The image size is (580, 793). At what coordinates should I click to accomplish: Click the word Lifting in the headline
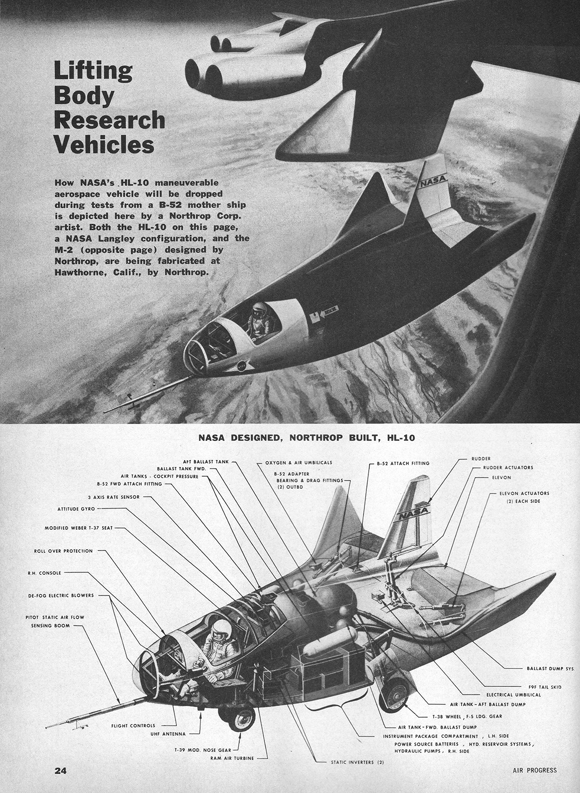coord(92,71)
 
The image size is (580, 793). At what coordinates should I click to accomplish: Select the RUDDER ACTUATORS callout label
coord(508,467)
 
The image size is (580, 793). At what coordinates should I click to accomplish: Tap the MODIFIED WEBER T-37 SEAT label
coord(79,528)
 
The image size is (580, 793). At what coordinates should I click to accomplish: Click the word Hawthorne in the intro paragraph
coord(83,272)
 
